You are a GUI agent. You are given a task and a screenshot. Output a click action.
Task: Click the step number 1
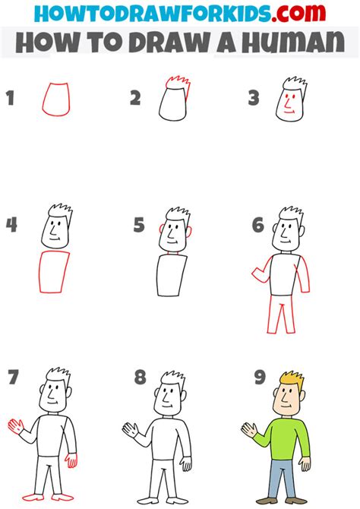click(x=11, y=98)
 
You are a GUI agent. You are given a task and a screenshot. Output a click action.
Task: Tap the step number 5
click(x=139, y=225)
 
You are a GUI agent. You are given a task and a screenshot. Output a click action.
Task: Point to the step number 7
click(x=12, y=377)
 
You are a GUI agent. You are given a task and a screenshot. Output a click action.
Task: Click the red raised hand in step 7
click(x=14, y=425)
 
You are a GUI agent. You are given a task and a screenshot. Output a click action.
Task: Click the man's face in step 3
click(x=287, y=103)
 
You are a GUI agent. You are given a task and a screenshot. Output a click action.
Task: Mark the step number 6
click(x=257, y=225)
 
